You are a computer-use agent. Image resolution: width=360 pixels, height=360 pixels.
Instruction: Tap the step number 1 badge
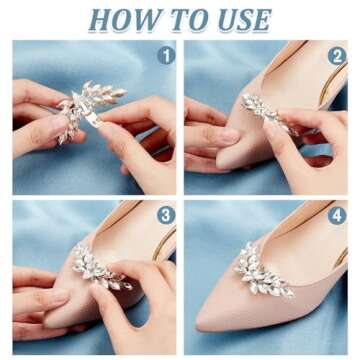164,56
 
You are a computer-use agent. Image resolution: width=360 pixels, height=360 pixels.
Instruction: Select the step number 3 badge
164,215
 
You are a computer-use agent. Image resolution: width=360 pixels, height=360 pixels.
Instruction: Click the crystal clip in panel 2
263,115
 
